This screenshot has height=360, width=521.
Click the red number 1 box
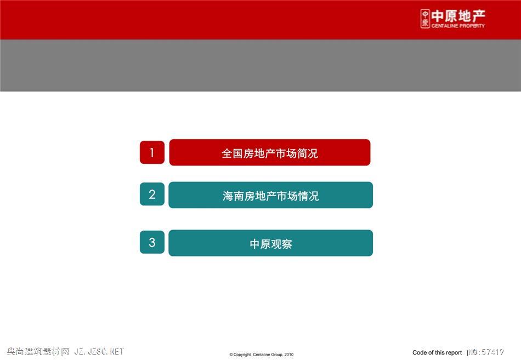coord(152,152)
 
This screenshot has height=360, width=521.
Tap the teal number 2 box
coord(152,195)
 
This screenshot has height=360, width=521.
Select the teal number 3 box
coord(152,242)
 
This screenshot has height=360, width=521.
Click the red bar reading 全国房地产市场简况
coord(270,152)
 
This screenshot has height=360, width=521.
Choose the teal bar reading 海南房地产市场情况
coord(271,195)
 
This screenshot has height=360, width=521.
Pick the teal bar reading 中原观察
coord(271,243)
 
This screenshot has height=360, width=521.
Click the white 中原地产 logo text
coord(458,16)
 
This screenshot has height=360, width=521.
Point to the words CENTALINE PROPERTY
coord(458,26)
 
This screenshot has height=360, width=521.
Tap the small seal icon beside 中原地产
coord(425,19)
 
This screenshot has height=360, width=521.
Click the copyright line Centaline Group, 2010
coord(262,355)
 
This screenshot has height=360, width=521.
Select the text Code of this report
coord(437,353)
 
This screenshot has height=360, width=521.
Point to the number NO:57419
coord(485,352)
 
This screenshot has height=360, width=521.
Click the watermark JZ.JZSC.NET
coord(99,351)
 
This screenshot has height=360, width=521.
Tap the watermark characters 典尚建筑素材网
coord(38,351)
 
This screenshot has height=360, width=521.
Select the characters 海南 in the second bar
coord(233,196)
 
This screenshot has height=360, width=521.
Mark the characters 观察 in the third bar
coord(282,244)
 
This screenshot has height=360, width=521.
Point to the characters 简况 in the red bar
coord(308,153)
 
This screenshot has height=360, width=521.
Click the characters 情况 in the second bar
coord(309,196)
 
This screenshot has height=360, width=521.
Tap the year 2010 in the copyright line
coord(288,355)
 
